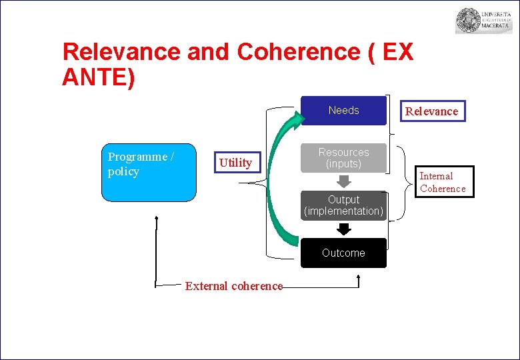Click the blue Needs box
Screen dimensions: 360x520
point(343,111)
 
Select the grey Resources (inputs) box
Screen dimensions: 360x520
point(343,158)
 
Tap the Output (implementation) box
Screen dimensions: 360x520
point(343,205)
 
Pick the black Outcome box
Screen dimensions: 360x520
point(343,253)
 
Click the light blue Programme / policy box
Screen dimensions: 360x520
point(149,172)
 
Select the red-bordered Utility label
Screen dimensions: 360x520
point(235,163)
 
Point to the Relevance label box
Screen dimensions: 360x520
point(431,111)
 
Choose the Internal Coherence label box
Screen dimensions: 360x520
point(442,182)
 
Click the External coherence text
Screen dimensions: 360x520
point(233,286)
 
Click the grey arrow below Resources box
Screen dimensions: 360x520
point(343,181)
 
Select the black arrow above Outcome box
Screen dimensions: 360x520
point(343,229)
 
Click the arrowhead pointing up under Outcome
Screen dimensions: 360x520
point(359,277)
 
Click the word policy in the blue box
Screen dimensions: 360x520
point(123,171)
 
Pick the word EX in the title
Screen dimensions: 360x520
point(398,52)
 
